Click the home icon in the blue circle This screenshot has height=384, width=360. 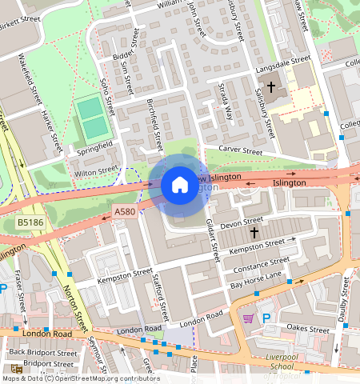click(x=179, y=185)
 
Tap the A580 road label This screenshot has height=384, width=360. click(x=125, y=211)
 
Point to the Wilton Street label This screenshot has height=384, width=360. click(x=95, y=170)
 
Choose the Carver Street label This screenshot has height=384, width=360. click(x=240, y=150)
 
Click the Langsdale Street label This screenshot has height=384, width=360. click(x=281, y=60)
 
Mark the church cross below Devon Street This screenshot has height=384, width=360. click(x=254, y=232)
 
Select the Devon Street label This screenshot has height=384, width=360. click(x=241, y=221)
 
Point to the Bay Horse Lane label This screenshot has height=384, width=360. click(x=256, y=280)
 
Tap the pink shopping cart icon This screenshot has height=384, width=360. click(x=248, y=318)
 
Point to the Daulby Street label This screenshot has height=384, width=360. click(x=346, y=303)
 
